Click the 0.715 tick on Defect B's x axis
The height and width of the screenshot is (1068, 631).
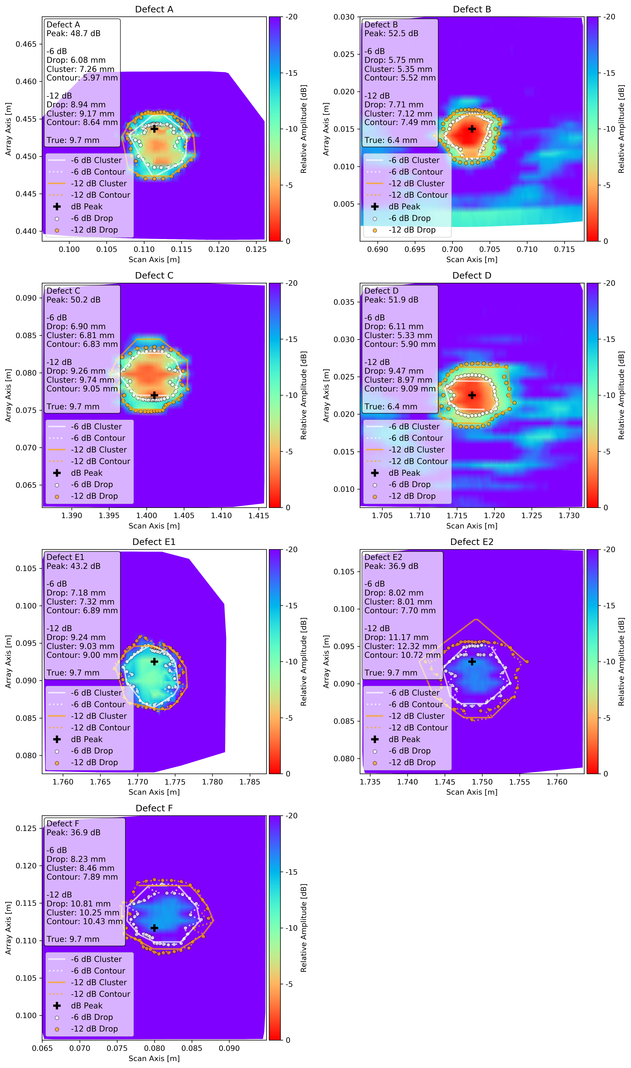pos(564,249)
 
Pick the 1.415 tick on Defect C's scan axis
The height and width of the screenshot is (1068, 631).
pos(259,516)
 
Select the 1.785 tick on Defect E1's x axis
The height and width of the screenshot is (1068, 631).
pos(250,782)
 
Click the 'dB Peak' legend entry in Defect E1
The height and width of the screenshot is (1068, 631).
pos(87,739)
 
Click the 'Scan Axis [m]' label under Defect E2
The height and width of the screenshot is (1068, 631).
pos(472,792)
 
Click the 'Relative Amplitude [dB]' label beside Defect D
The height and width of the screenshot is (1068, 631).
pos(621,395)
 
